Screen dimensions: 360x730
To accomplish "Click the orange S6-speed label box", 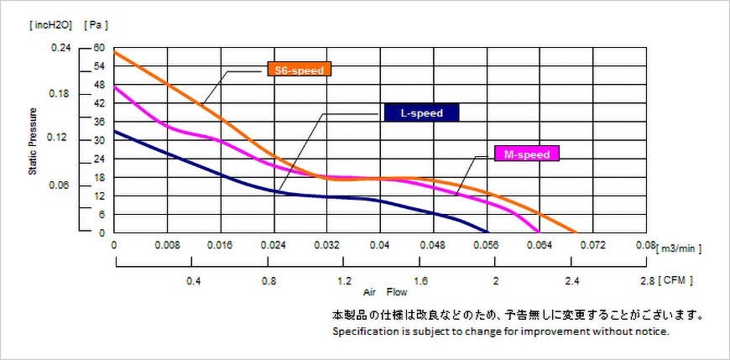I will click(x=299, y=70).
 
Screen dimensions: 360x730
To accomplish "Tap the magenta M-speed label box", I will click(x=527, y=154).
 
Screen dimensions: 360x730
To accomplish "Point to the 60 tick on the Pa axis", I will click(x=99, y=48).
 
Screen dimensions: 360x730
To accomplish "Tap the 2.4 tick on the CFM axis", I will click(x=573, y=281).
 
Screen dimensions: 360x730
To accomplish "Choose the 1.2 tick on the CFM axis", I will click(x=344, y=281).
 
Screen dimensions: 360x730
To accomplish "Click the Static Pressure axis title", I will click(x=34, y=140).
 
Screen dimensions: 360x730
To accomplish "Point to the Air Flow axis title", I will click(x=385, y=294).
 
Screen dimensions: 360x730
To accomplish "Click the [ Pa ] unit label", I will click(x=96, y=25).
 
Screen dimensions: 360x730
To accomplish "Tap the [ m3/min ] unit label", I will click(x=679, y=248).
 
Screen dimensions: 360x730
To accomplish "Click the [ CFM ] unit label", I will click(x=676, y=280).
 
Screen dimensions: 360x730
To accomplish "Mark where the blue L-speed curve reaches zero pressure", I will click(x=488, y=232).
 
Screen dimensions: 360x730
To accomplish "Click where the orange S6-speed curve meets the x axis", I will click(x=576, y=232).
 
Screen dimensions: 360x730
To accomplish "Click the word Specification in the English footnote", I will click(x=364, y=332).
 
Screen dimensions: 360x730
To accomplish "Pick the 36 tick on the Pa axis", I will click(x=99, y=122).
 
